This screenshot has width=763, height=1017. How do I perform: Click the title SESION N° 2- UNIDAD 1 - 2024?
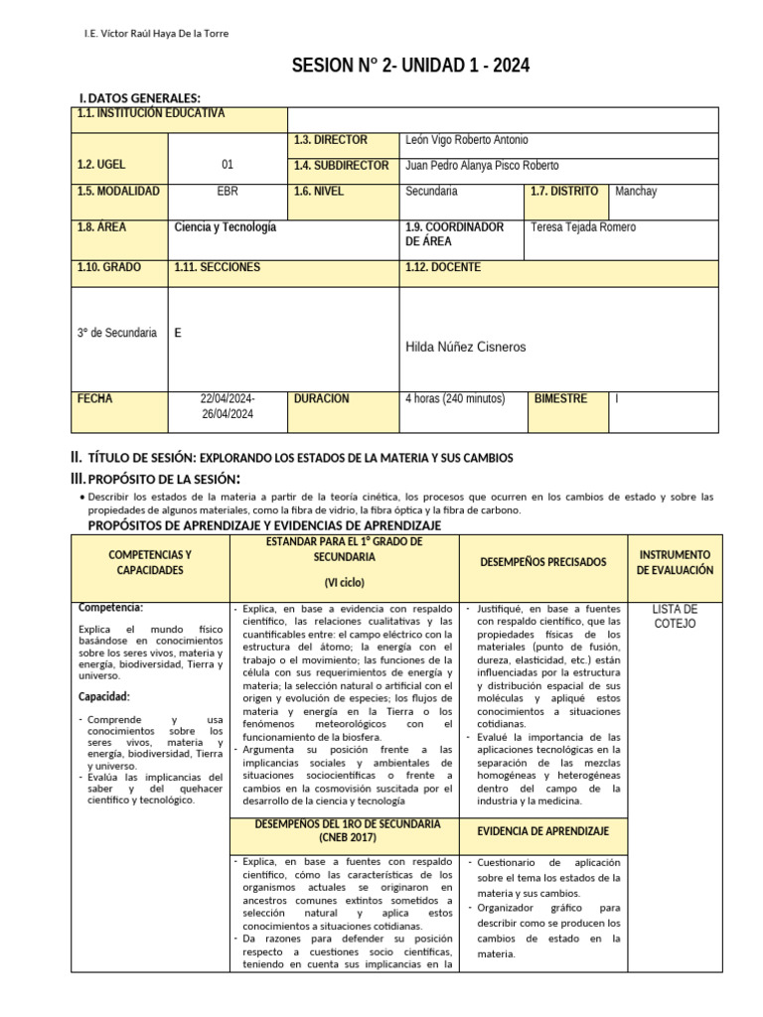tap(410, 67)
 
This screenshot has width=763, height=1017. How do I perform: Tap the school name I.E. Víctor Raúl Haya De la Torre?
tap(156, 34)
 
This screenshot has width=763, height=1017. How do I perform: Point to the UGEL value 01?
tap(228, 166)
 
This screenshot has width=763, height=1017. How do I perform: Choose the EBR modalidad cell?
tap(228, 191)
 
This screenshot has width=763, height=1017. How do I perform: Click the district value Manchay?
tap(636, 191)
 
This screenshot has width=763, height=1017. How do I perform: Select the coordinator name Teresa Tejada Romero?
tap(584, 227)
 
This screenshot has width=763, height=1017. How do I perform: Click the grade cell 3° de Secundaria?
tap(117, 333)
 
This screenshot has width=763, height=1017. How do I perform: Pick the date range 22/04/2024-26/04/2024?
tap(228, 406)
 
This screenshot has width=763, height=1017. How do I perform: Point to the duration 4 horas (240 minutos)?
tap(455, 399)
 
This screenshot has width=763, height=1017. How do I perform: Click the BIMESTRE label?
tap(560, 399)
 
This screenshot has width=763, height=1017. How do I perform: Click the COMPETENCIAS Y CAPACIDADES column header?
tap(150, 562)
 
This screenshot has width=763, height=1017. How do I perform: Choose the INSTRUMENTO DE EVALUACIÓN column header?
tap(675, 562)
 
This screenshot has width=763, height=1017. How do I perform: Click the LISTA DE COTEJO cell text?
tap(675, 616)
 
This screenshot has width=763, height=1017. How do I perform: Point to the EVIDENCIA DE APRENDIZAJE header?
tap(542, 831)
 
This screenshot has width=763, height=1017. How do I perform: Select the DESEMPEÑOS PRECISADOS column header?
tap(542, 562)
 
